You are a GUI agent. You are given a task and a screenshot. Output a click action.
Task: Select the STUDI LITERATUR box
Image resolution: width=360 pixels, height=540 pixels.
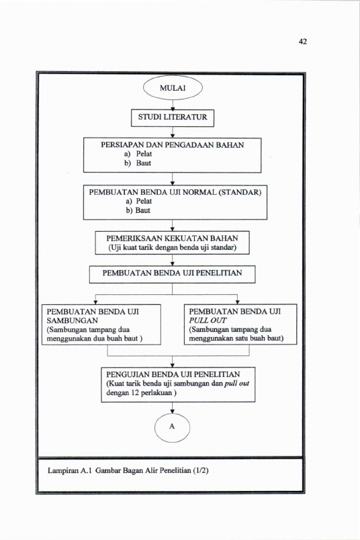pyautogui.click(x=173, y=118)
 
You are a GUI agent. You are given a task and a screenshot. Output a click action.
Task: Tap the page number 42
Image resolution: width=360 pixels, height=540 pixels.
pyautogui.click(x=303, y=42)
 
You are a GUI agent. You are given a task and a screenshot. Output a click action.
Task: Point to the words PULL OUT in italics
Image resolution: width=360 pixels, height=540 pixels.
pyautogui.click(x=208, y=320)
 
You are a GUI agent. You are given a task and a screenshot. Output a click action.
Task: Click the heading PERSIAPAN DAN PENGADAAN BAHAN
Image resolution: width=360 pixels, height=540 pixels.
pyautogui.click(x=172, y=145)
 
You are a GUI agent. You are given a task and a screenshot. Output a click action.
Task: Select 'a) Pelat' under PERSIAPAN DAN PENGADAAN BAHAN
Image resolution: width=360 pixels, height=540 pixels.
pyautogui.click(x=138, y=154)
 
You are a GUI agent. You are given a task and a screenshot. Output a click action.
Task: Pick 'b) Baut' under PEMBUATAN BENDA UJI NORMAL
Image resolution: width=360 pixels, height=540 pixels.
pyautogui.click(x=138, y=210)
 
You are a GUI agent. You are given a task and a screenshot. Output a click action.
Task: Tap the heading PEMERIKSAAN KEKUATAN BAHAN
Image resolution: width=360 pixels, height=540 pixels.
pyautogui.click(x=172, y=238)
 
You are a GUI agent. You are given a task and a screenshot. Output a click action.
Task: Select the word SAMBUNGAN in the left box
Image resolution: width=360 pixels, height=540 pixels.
pyautogui.click(x=73, y=320)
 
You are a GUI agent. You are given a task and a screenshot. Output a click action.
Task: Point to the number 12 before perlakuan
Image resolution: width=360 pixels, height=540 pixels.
pyautogui.click(x=135, y=393)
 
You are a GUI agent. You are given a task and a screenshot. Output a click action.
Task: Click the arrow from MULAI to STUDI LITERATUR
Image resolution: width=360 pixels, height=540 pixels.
pyautogui.click(x=173, y=105)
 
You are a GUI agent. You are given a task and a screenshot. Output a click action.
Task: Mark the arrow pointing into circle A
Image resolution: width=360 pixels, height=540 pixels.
pyautogui.click(x=172, y=408)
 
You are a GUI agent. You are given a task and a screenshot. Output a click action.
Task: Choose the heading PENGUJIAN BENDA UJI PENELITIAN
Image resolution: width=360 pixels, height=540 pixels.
pyautogui.click(x=173, y=374)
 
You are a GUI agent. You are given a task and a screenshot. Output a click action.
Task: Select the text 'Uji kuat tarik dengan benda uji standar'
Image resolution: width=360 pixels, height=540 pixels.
pyautogui.click(x=172, y=247)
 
